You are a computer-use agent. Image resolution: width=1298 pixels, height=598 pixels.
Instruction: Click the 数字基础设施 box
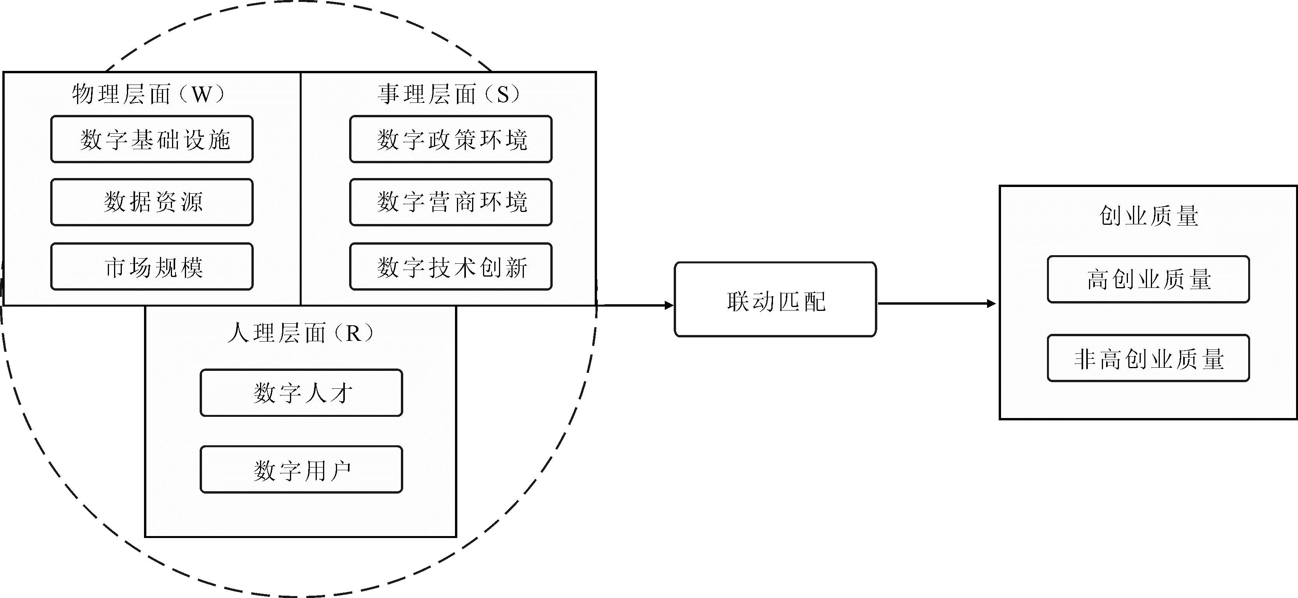coord(152,139)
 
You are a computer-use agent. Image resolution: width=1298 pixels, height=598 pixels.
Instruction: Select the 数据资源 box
coord(152,202)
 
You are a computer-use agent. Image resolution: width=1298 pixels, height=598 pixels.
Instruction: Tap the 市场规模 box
coord(152,267)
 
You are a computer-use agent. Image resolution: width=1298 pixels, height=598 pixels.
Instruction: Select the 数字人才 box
coord(301,393)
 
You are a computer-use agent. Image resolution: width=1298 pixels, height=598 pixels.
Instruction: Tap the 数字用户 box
coord(301,469)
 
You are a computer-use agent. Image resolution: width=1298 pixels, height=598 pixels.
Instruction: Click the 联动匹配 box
coord(775,300)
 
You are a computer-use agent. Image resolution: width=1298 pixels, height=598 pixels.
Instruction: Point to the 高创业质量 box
coord(1148,279)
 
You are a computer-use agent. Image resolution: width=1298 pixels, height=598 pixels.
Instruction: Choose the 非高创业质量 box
coord(1148,358)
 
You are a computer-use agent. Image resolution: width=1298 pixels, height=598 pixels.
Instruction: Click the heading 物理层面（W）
coord(149,94)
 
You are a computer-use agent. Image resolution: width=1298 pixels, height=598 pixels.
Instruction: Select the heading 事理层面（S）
coord(448,94)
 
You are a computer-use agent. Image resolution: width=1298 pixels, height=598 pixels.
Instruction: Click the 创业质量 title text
coord(1148,216)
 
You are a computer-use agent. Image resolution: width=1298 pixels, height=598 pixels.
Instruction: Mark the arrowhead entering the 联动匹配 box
coord(669,305)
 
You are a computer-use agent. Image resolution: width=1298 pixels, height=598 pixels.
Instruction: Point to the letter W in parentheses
coord(202,94)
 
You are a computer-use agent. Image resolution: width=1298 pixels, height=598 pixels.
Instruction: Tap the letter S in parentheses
coord(503,94)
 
